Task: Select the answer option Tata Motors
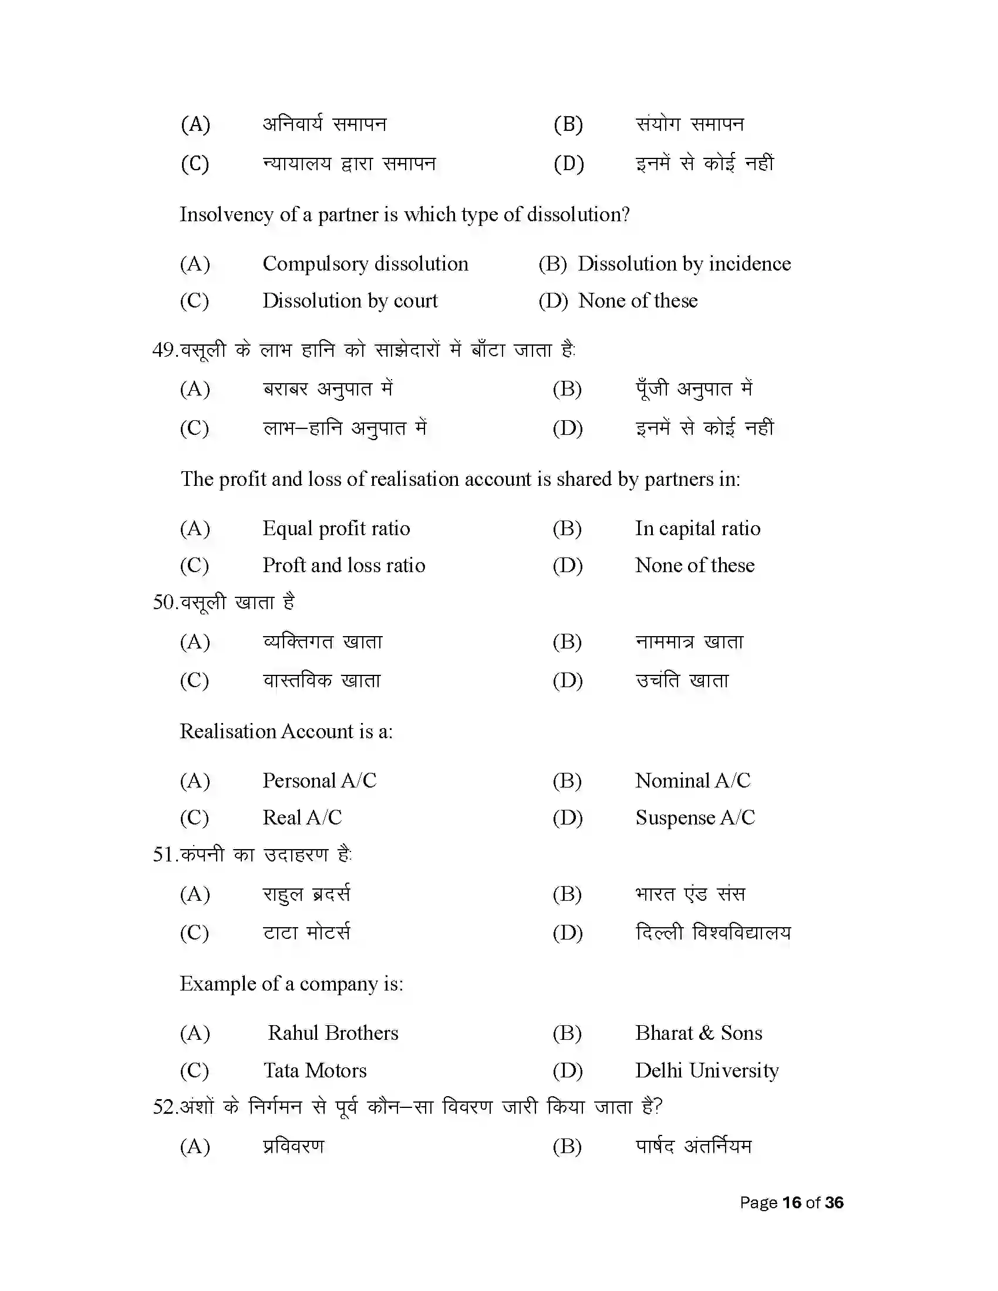[x=315, y=1070]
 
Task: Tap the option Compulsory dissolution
[x=365, y=263]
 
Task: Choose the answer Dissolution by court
[x=349, y=301]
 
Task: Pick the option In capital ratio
[x=697, y=528]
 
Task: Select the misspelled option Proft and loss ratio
[x=343, y=565]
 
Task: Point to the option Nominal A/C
[x=692, y=780]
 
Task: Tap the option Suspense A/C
[x=694, y=817]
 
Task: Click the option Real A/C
[x=302, y=817]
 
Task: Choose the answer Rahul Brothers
[x=333, y=1033]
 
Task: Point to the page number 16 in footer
[x=791, y=1202]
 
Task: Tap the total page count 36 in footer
[x=834, y=1202]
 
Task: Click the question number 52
[x=164, y=1107]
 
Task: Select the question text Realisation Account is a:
[x=286, y=731]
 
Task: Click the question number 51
[x=164, y=854]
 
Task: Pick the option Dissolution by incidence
[x=683, y=263]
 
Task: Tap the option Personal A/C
[x=319, y=780]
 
